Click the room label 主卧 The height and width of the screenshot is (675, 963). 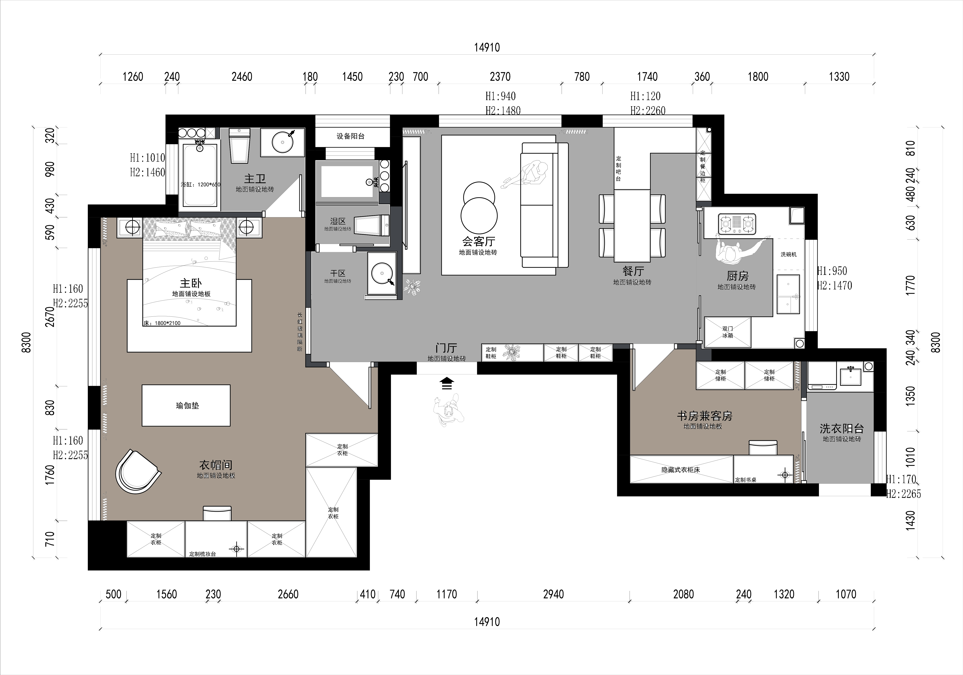coord(191,283)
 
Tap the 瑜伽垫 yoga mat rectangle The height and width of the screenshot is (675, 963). coord(186,405)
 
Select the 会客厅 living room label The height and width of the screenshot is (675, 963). coord(479,241)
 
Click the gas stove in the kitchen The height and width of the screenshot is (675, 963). coord(737,224)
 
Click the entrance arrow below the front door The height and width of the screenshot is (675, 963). coord(447,383)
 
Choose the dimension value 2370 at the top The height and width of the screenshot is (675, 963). coord(500,77)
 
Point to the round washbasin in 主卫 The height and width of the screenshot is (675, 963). coord(283,141)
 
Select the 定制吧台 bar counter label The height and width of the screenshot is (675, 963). coord(619,169)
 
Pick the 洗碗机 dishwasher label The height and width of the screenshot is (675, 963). coord(789,254)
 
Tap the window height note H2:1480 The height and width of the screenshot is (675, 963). coord(503,111)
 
